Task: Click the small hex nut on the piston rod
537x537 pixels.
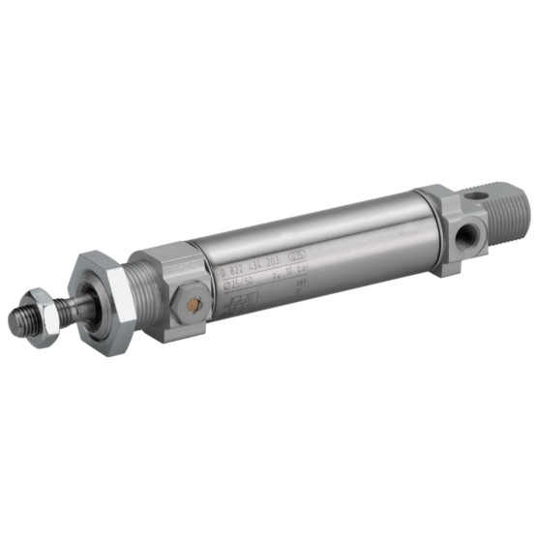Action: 41,316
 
